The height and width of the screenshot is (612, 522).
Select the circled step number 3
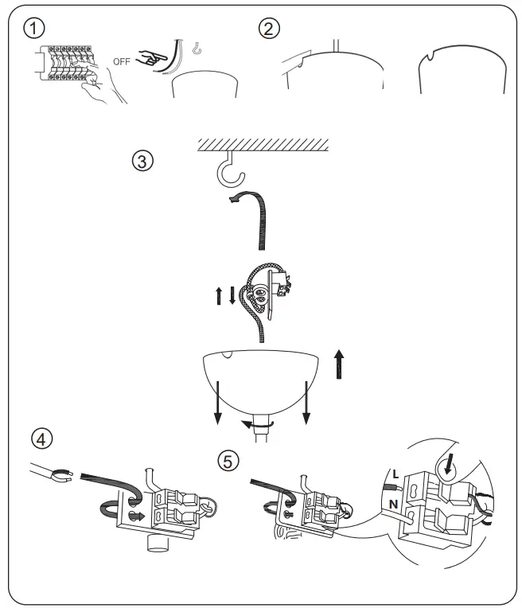tap(140, 160)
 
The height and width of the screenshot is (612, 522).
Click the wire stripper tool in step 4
tap(50, 477)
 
